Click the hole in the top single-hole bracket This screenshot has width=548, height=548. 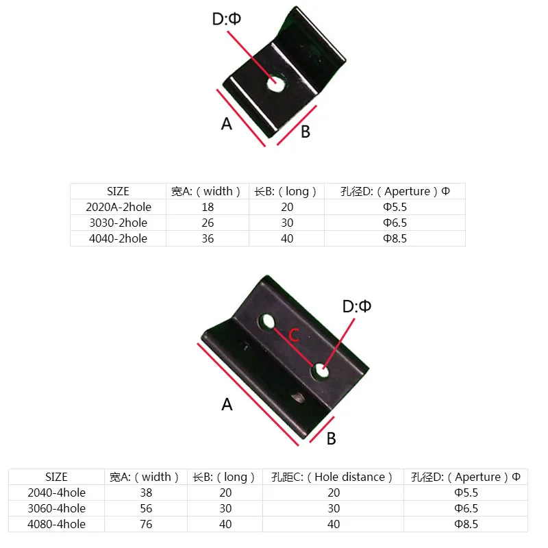276,84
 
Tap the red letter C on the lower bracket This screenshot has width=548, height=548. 292,336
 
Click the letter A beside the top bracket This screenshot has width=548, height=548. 227,123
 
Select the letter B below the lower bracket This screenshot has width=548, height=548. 331,438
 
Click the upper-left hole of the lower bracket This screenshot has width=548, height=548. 267,321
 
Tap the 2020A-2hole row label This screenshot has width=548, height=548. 118,206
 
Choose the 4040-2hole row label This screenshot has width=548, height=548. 118,238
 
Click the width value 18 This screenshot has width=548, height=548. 208,206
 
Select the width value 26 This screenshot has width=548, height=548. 208,223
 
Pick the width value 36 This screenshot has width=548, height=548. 208,238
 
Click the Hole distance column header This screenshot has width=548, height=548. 332,477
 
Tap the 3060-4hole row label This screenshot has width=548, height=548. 56,508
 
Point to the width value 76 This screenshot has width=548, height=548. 145,524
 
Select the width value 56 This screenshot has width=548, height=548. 145,508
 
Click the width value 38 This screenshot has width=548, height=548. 145,493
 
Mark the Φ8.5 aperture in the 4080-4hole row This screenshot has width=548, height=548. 466,524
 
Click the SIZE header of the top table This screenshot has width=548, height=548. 118,191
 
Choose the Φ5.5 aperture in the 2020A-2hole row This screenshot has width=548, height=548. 395,206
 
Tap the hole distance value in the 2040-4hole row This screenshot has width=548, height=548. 332,493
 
